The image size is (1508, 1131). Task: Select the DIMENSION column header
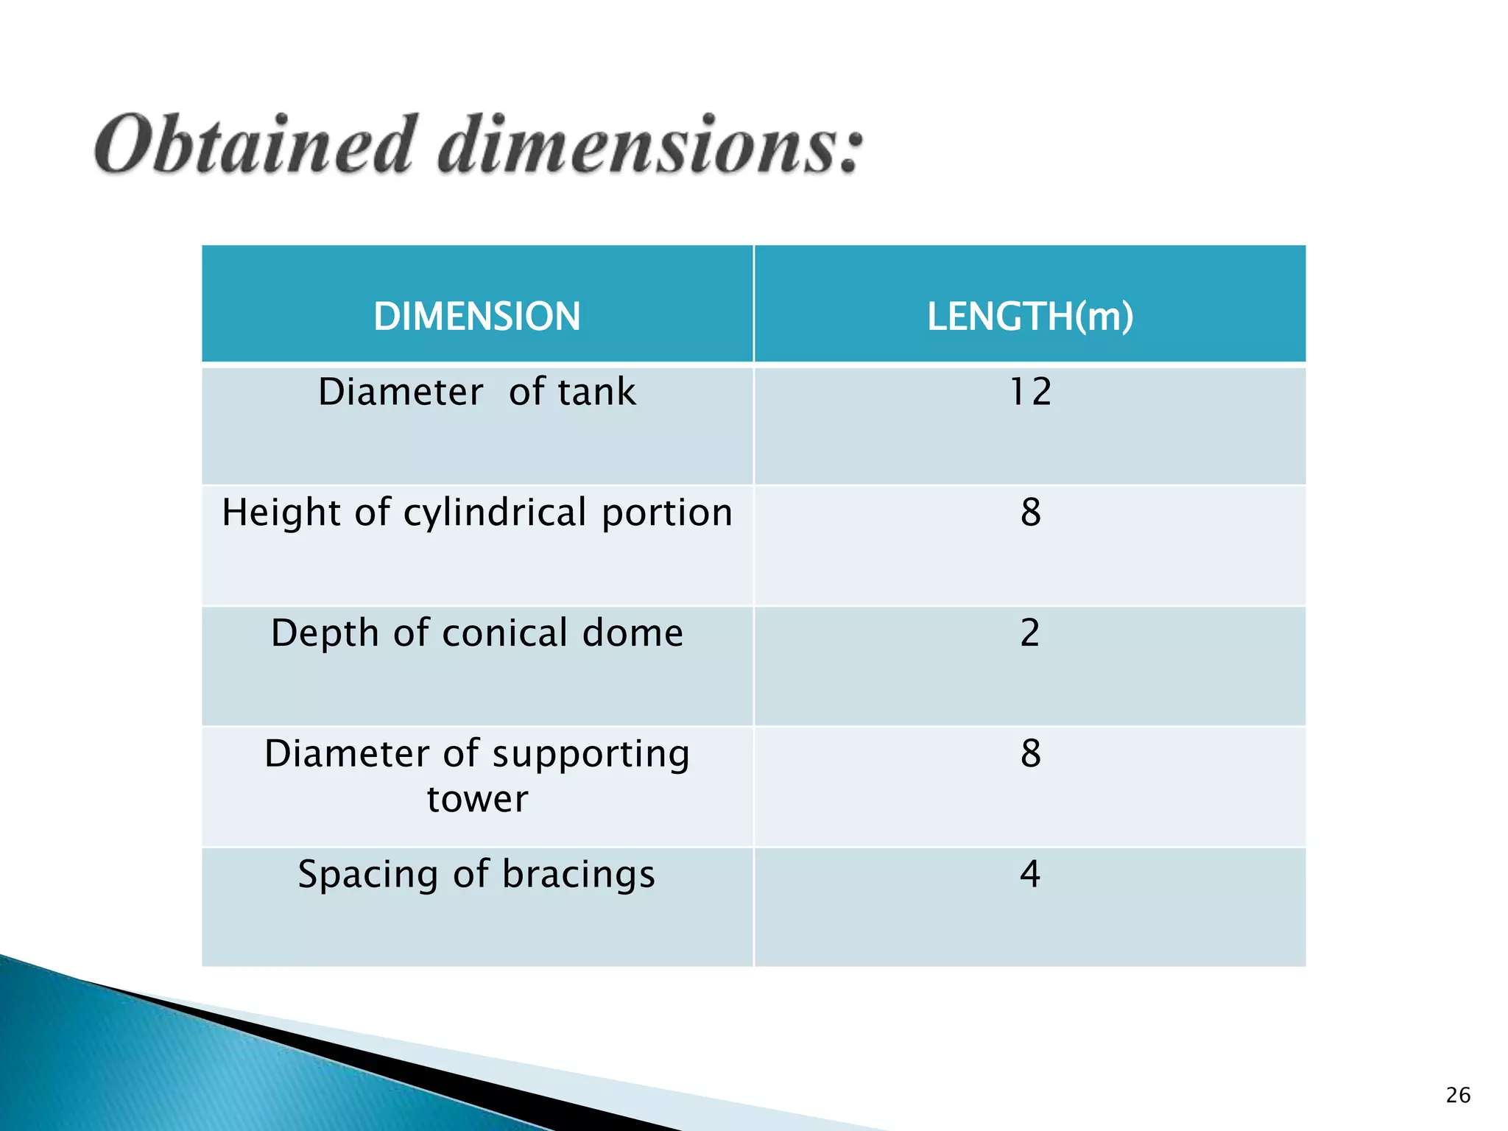[x=477, y=317]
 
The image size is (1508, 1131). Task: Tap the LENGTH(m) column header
[x=1029, y=317]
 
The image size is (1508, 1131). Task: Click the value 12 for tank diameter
[x=1029, y=392]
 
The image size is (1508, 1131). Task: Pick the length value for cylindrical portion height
[x=1030, y=512]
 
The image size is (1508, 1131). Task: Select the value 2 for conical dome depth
[x=1029, y=633]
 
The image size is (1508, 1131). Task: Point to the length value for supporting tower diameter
[x=1030, y=754]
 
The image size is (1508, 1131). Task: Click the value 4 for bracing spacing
[x=1029, y=875]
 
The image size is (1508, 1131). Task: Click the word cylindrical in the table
[x=495, y=513]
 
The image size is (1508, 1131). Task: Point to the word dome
[x=633, y=633]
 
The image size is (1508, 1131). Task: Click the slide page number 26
[x=1458, y=1096]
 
